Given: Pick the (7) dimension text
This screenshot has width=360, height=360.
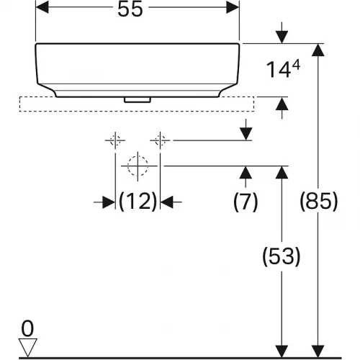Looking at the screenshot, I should (246, 202).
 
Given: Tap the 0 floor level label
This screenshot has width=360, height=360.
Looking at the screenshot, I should (27, 328).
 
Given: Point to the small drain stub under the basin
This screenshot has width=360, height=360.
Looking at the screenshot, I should (135, 100).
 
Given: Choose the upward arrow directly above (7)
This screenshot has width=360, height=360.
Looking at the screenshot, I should (246, 173).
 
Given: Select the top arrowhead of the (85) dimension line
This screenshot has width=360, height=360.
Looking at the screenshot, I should (318, 49).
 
